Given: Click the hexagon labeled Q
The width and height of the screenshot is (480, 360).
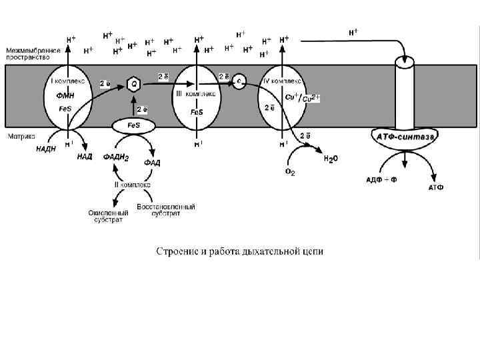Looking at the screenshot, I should [x=133, y=85].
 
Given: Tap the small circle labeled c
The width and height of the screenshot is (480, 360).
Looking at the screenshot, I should [x=239, y=81].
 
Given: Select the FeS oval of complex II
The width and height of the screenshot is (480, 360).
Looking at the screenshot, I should [x=133, y=126].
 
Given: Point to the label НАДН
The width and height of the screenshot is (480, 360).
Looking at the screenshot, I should [x=46, y=149].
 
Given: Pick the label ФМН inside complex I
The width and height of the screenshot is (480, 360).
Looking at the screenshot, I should [x=65, y=95].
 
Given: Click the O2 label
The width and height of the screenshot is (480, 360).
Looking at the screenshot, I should [x=290, y=172].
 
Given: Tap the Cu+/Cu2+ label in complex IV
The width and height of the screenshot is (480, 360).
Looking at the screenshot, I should [x=302, y=98].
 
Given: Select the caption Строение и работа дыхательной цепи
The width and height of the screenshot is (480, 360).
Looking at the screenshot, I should [x=239, y=251].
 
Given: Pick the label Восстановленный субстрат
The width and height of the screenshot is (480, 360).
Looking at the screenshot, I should [x=166, y=210].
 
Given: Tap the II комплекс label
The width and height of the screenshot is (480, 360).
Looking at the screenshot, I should [x=133, y=184].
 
